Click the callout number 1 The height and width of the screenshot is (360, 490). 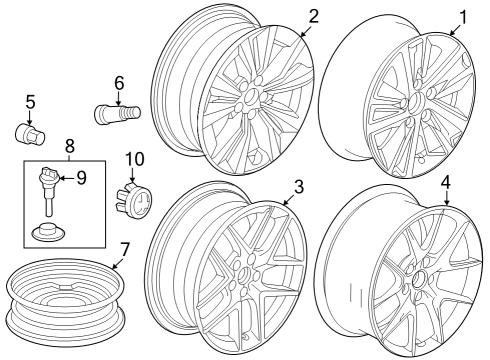pyautogui.click(x=463, y=17)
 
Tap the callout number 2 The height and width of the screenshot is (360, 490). pyautogui.click(x=313, y=16)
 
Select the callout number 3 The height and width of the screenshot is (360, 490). pyautogui.click(x=299, y=187)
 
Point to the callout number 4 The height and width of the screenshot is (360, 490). pyautogui.click(x=446, y=182)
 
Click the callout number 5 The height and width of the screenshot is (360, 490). pyautogui.click(x=30, y=102)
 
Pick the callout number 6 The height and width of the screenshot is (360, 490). pyautogui.click(x=119, y=83)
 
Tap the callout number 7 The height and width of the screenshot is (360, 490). pyautogui.click(x=124, y=250)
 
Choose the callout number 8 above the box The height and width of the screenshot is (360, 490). pyautogui.click(x=70, y=146)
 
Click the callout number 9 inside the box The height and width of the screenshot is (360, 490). pyautogui.click(x=81, y=178)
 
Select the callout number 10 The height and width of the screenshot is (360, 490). pyautogui.click(x=135, y=159)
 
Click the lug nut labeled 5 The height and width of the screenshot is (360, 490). pyautogui.click(x=30, y=134)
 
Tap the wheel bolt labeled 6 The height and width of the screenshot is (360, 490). pyautogui.click(x=117, y=114)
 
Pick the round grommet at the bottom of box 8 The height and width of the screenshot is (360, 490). pyautogui.click(x=49, y=231)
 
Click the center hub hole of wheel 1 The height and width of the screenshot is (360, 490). pyautogui.click(x=416, y=101)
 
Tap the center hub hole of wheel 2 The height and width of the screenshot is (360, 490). pyautogui.click(x=251, y=98)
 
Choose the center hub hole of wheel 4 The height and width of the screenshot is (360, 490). pyautogui.click(x=418, y=278)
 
